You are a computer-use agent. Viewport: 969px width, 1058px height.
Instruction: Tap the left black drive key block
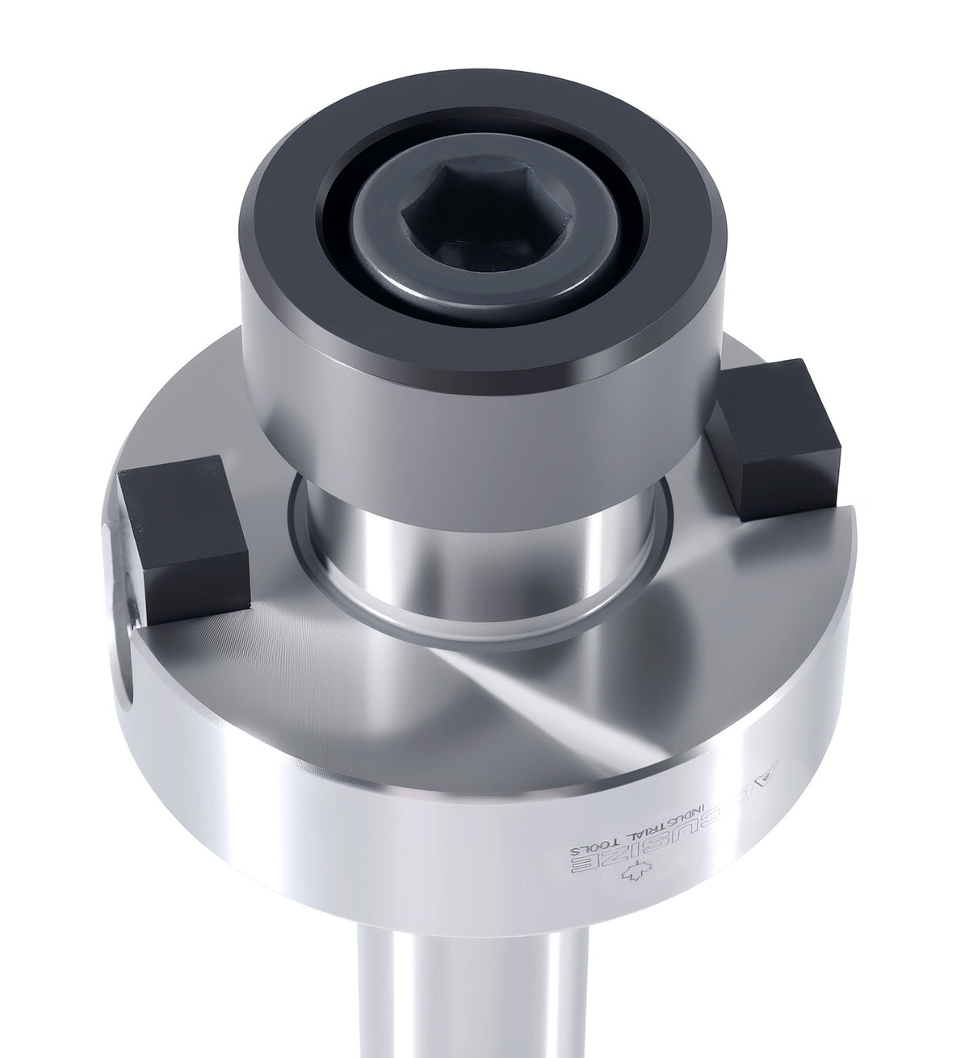(182, 529)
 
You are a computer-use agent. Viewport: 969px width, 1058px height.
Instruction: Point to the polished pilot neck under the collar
(484, 565)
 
